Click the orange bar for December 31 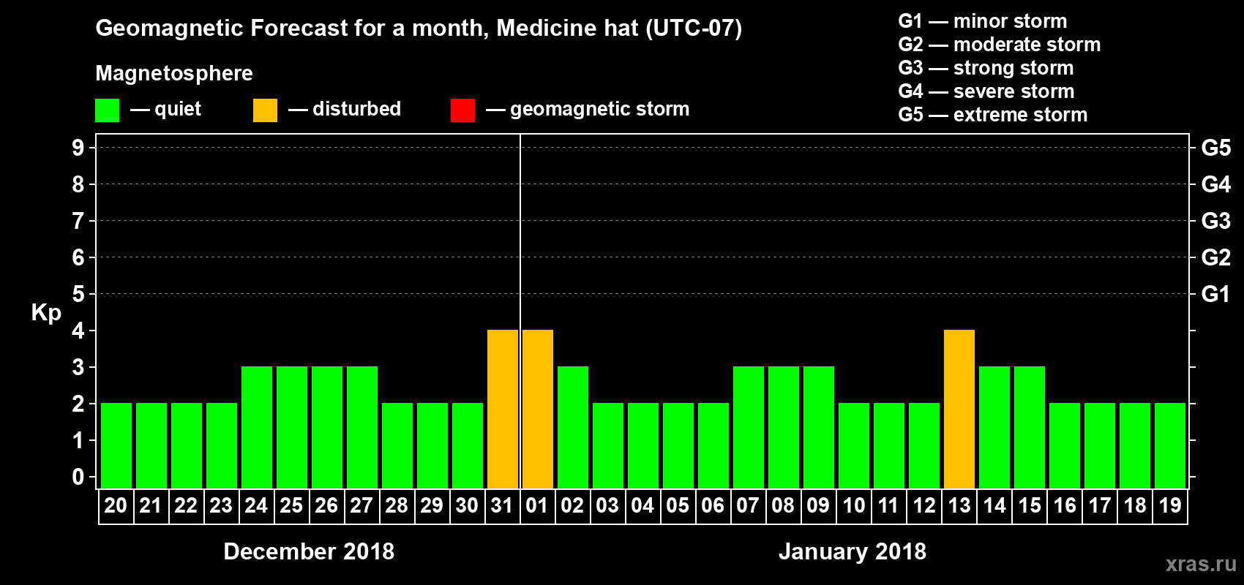503,409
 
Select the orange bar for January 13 959,409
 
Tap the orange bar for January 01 538,409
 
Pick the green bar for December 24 257,427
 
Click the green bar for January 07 749,427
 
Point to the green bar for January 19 1170,445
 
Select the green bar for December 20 116,445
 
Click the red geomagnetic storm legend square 462,110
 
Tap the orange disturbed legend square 265,110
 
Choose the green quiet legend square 107,110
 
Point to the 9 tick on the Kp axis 78,148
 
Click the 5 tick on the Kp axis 78,294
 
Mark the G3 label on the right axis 1215,221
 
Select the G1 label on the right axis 1215,294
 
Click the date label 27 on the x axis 361,505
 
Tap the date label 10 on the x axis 853,505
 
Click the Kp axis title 46,312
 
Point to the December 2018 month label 309,551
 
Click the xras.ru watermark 1201,564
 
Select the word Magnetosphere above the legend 174,73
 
